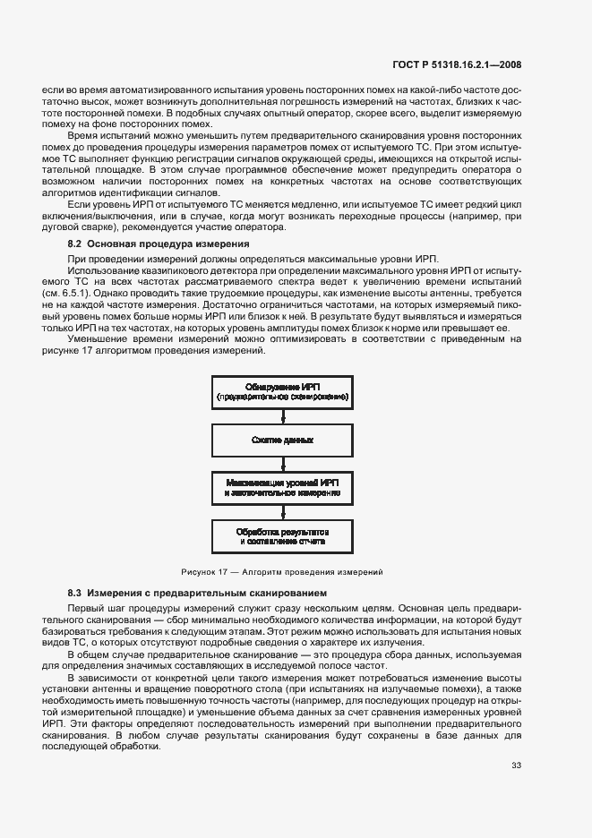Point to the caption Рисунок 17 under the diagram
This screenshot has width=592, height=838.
(282, 570)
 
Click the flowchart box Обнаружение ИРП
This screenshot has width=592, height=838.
(282, 389)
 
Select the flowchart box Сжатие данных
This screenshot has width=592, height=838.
(282, 440)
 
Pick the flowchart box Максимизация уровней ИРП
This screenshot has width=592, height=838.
(282, 489)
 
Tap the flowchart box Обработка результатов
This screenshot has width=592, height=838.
(282, 536)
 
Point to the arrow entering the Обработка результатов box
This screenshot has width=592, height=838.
(282, 513)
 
